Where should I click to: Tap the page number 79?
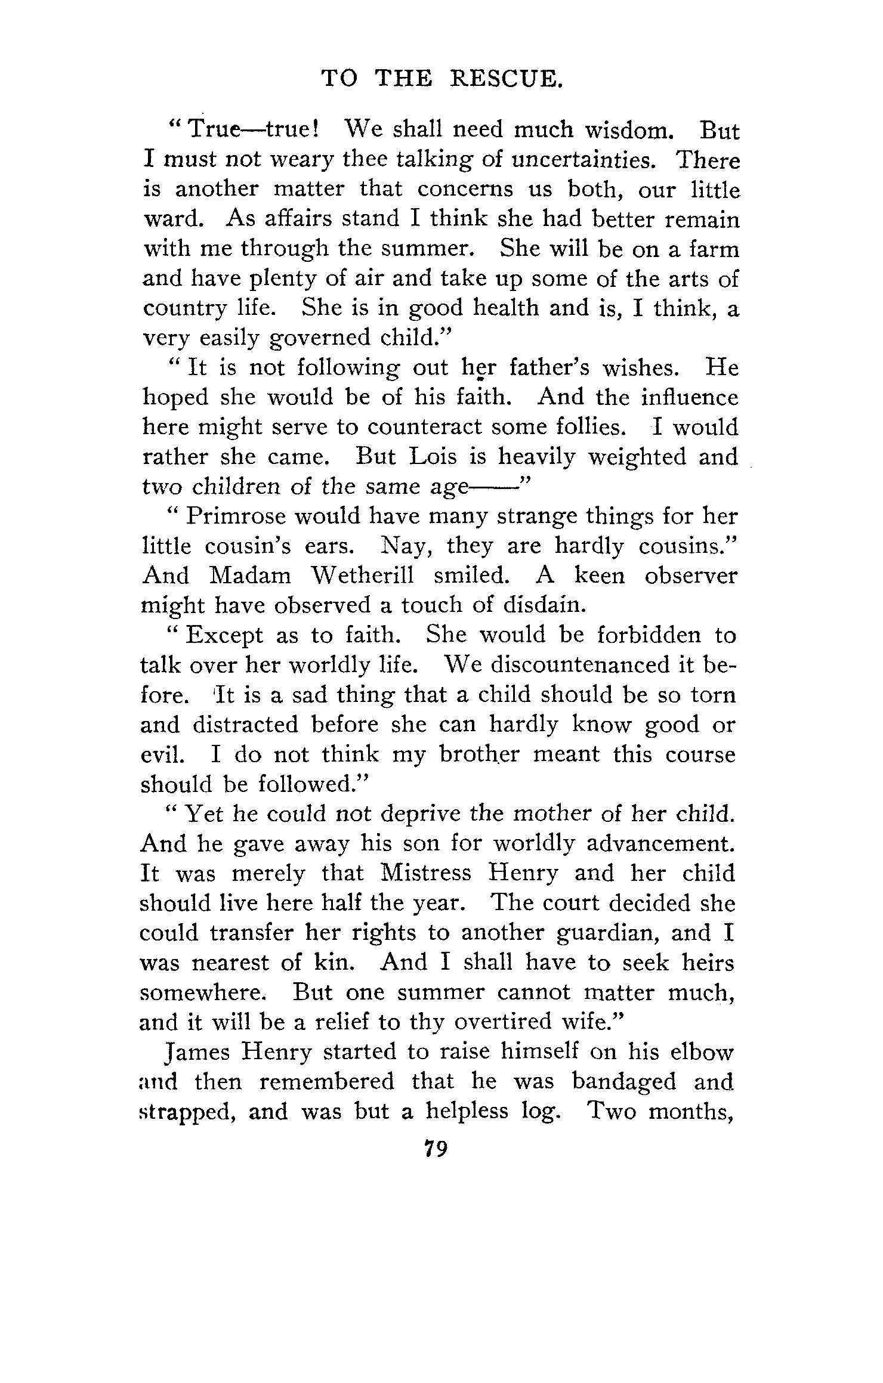[436, 1147]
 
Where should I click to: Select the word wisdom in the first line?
[626, 130]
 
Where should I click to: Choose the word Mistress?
[425, 873]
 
